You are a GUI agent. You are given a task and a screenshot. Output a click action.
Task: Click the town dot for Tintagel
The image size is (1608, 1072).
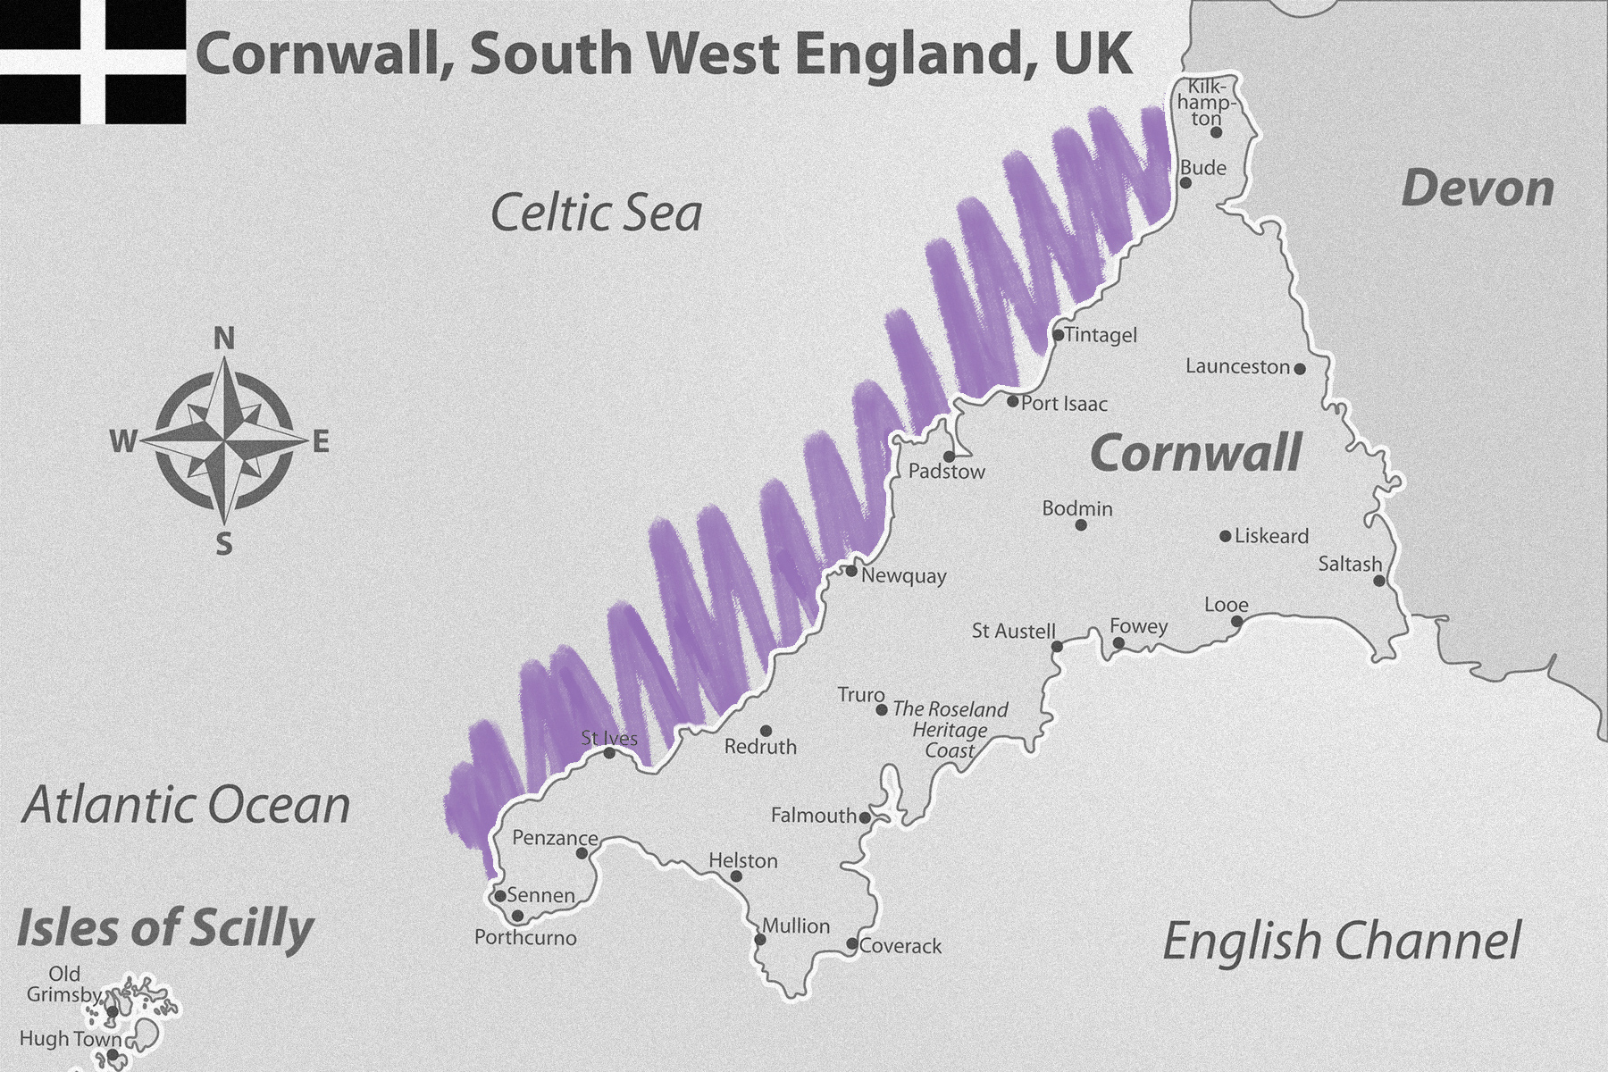coord(1058,336)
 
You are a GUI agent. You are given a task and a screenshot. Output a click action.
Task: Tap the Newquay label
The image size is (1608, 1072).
coord(903,575)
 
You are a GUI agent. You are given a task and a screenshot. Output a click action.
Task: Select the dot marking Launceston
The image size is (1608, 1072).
coord(1300,368)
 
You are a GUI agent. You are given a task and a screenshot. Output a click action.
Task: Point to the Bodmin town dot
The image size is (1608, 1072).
coord(1081,525)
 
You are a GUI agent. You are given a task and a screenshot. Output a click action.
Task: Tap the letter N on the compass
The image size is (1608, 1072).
coord(224,339)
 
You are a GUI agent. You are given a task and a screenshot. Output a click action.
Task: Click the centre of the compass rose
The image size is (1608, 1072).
coord(223,440)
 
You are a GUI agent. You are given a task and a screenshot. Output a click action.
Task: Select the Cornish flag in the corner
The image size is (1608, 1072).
coord(93,62)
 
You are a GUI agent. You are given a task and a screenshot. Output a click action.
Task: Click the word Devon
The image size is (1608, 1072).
coord(1478,189)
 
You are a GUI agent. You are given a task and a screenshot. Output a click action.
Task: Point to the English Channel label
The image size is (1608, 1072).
coord(1342,942)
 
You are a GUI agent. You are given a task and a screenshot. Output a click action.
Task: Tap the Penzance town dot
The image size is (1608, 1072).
coord(582,853)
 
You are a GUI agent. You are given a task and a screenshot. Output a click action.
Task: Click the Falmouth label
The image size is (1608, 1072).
coord(813,816)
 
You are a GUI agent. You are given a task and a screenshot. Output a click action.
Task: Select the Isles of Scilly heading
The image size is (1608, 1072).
coord(165,927)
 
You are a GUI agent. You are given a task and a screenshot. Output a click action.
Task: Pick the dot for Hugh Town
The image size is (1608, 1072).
coord(113,1055)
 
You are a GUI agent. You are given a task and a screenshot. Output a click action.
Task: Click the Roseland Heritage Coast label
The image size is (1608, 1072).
coord(950,730)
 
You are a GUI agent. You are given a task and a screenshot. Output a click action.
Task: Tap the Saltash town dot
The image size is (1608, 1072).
coord(1379,581)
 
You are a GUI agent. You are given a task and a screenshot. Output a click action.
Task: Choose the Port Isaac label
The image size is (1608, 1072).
coord(1064,404)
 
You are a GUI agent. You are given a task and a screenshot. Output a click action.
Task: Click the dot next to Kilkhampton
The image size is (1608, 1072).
coord(1216,132)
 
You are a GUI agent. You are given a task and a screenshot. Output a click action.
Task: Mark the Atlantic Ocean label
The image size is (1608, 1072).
coord(186,806)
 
